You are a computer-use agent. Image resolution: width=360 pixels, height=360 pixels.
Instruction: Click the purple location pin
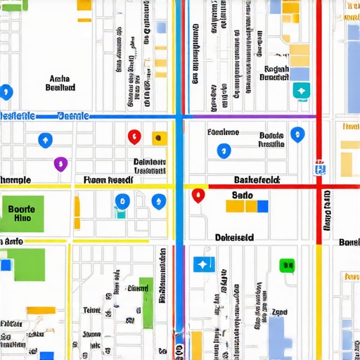click(60, 164)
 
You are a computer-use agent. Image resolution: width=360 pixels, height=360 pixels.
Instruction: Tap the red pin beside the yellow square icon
click(134, 136)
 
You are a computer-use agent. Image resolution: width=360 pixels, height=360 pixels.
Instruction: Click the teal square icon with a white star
click(301, 91)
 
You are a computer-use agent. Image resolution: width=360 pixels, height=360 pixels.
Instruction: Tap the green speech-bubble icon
click(286, 265)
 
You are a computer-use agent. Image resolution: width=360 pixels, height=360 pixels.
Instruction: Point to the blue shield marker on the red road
click(321, 167)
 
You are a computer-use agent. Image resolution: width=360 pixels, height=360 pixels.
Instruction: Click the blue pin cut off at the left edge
click(6, 91)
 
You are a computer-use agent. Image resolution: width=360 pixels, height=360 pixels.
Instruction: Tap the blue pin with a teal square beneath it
click(122, 202)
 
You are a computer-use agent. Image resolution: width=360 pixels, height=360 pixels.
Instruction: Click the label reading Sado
click(242, 195)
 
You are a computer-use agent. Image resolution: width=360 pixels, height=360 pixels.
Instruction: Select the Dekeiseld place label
click(234, 238)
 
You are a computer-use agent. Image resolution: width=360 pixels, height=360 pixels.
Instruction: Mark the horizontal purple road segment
click(253, 115)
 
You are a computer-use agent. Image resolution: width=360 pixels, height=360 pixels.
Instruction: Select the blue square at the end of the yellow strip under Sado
click(262, 206)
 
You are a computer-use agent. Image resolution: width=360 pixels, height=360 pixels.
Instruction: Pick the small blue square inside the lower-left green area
click(6, 265)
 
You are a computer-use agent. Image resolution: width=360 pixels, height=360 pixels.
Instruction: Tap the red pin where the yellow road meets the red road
click(198, 195)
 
